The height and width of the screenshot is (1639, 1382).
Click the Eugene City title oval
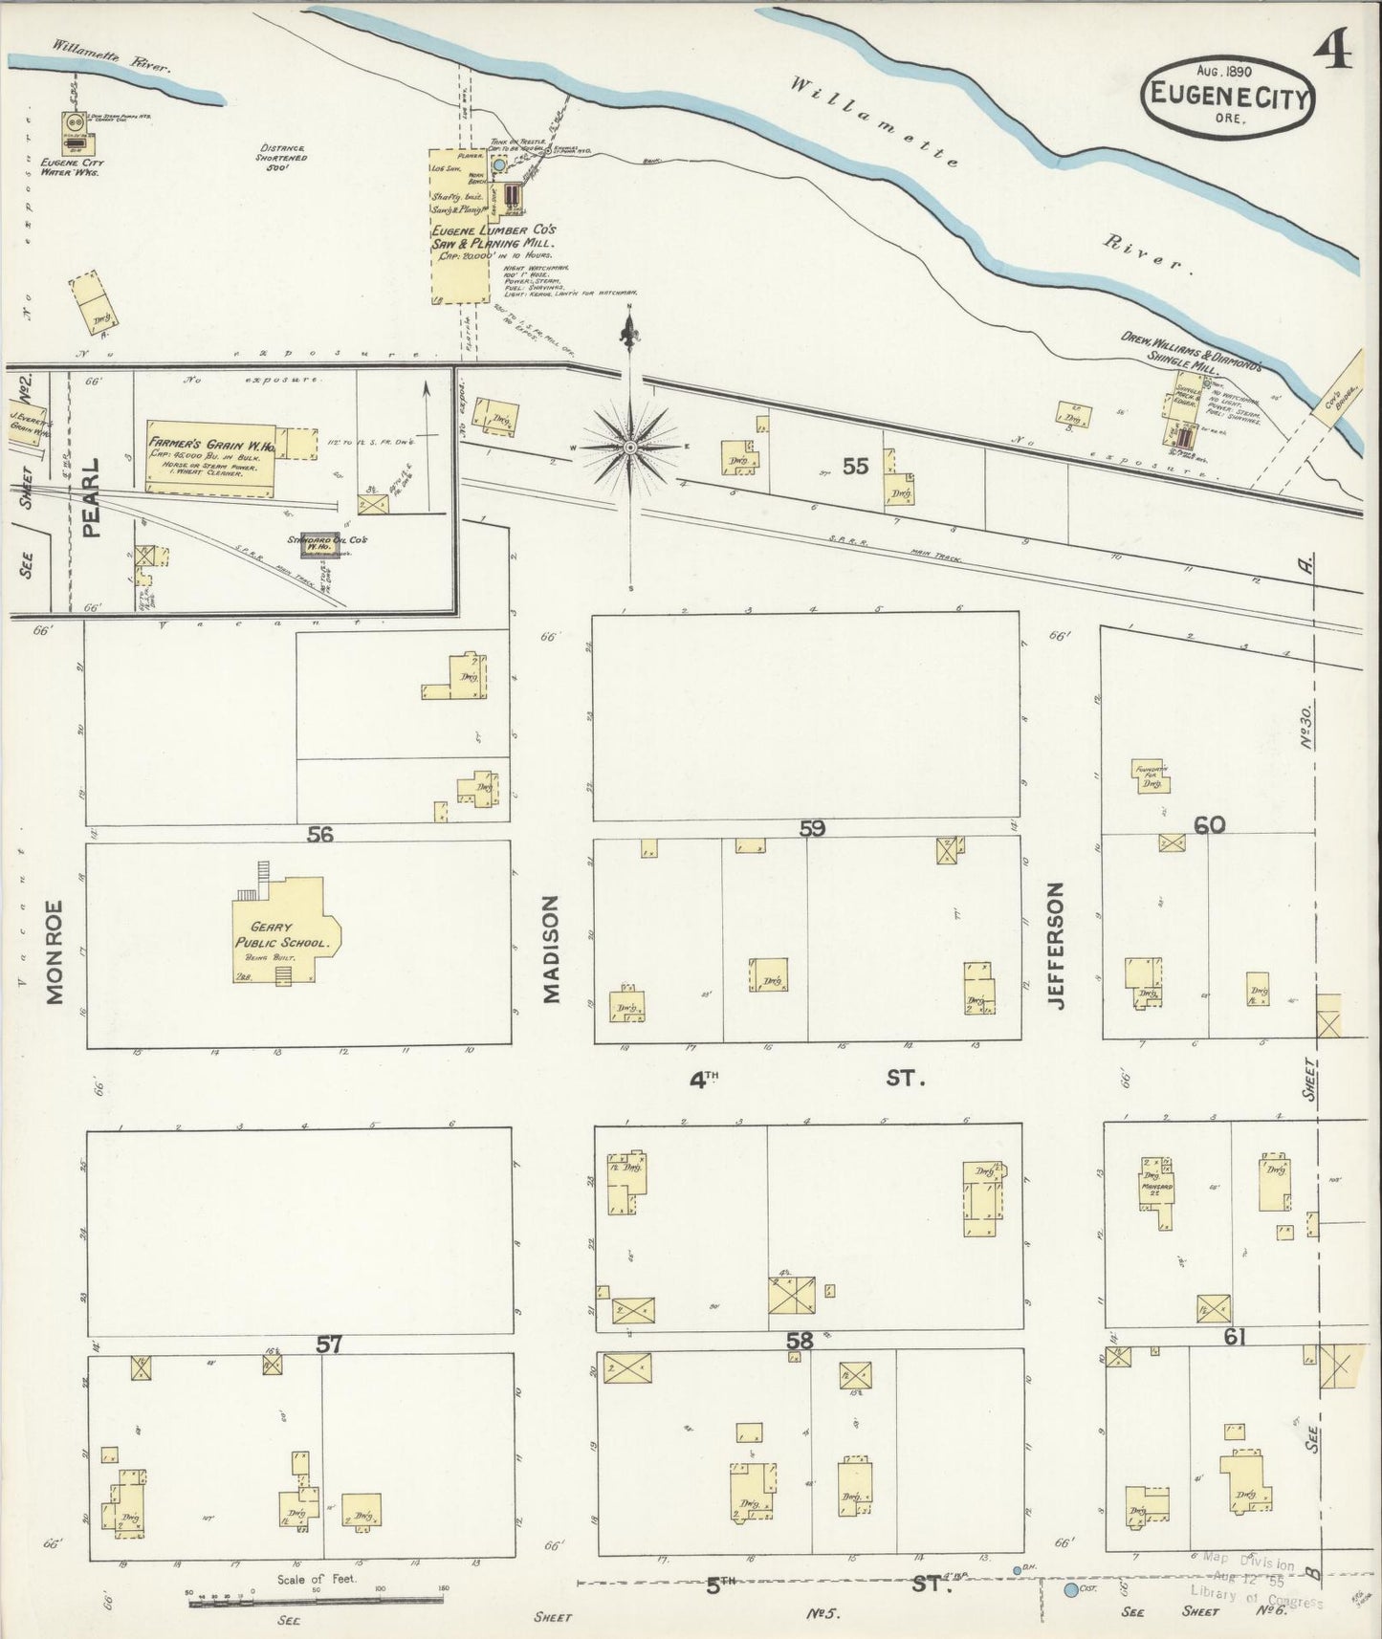pos(1227,96)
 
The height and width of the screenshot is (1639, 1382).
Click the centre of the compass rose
pos(629,447)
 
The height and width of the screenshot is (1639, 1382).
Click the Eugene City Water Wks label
pos(73,167)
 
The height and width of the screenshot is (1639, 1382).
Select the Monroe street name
pos(54,951)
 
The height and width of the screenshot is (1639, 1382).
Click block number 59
pos(812,828)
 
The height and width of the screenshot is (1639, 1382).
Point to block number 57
pos(329,1344)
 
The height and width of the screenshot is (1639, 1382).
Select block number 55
pos(855,466)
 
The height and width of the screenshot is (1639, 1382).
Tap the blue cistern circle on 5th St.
pos(1069,1590)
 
